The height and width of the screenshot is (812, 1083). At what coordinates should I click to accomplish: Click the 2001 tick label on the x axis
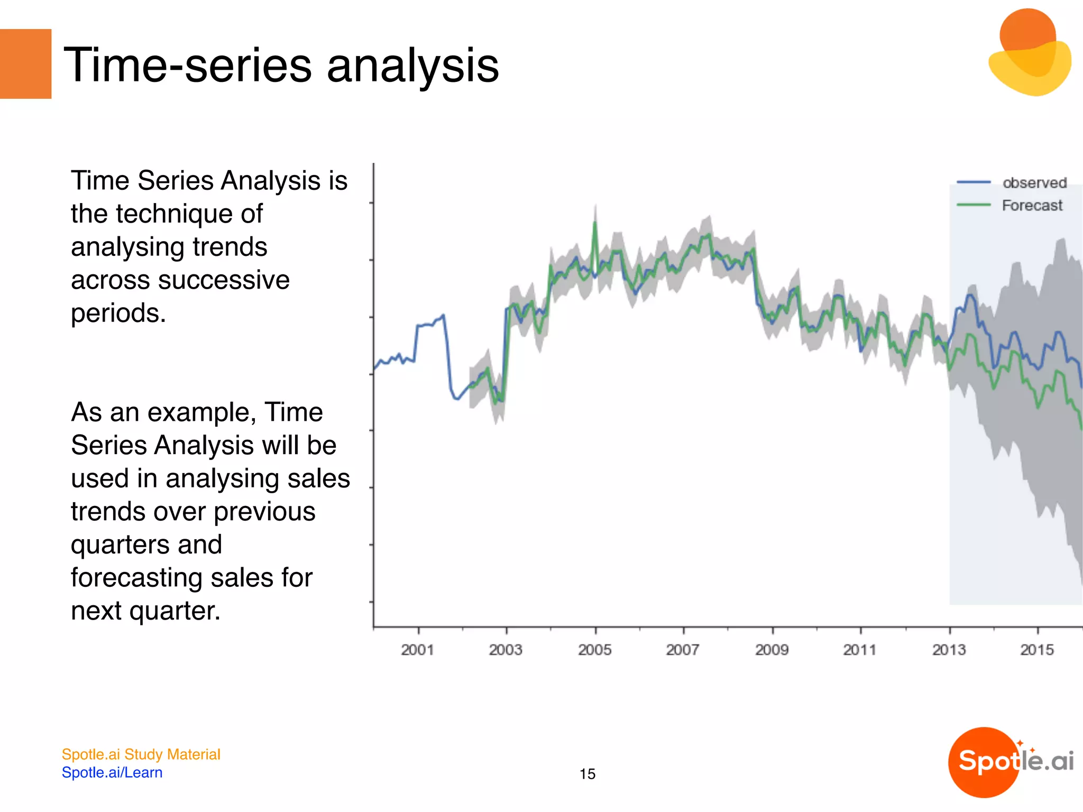(417, 650)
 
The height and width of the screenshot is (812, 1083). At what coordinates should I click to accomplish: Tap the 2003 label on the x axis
(506, 650)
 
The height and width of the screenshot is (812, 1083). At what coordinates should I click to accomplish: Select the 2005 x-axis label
(594, 650)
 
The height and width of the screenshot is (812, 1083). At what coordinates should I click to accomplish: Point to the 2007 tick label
(683, 650)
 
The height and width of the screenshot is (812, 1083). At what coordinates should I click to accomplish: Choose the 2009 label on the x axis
(772, 650)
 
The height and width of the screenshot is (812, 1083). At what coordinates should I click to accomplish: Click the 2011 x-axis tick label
(860, 650)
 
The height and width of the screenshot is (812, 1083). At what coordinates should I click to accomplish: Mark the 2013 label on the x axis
(949, 650)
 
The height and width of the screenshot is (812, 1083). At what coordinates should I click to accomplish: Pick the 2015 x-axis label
(1037, 650)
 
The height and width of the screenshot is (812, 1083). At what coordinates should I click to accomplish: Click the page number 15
(587, 774)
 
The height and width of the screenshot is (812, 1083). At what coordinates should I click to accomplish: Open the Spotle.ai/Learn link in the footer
(112, 772)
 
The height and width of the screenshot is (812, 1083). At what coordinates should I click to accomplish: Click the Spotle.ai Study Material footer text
(141, 754)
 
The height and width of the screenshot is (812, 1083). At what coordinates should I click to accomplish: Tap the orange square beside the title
(25, 64)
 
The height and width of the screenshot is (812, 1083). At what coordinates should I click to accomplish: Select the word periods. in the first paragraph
(118, 313)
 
